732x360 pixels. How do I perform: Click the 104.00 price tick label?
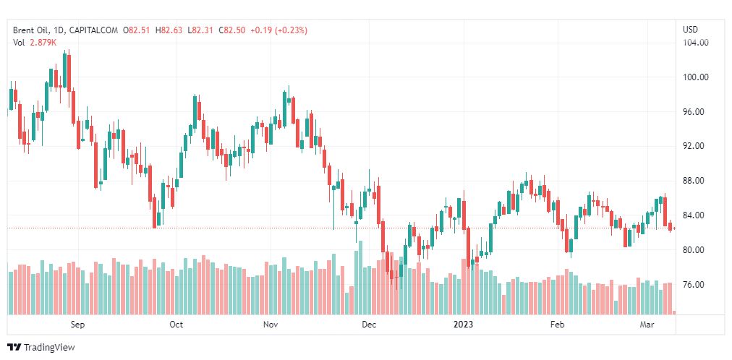pyautogui.click(x=696, y=43)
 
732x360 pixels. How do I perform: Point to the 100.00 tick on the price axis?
pyautogui.click(x=696, y=77)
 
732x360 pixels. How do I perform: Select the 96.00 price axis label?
pyautogui.click(x=696, y=112)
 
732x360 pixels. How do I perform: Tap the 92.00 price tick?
pyautogui.click(x=696, y=146)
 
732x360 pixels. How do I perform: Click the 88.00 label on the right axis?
pyautogui.click(x=696, y=181)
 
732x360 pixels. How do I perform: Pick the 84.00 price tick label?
pyautogui.click(x=696, y=215)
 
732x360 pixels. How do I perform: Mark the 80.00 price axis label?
pyautogui.click(x=696, y=250)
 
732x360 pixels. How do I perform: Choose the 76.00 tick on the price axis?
pyautogui.click(x=696, y=285)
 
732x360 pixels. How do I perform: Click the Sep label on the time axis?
pyautogui.click(x=78, y=325)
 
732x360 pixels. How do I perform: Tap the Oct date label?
pyautogui.click(x=176, y=325)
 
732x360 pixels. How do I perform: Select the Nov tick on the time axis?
pyautogui.click(x=271, y=325)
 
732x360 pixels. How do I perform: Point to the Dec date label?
pyautogui.click(x=369, y=325)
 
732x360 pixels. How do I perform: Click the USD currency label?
pyautogui.click(x=690, y=30)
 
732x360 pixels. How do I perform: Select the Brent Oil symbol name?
pyautogui.click(x=32, y=30)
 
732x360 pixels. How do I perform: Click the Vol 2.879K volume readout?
pyautogui.click(x=34, y=43)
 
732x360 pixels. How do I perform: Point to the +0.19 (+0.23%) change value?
pyautogui.click(x=278, y=30)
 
